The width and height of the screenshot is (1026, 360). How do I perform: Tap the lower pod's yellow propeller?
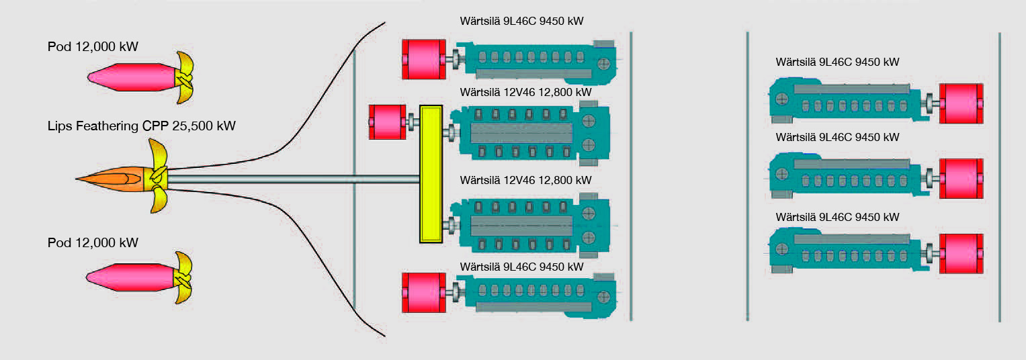click(183, 277)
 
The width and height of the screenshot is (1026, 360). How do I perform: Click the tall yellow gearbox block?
click(430, 173)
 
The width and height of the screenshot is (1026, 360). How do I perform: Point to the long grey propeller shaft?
click(296, 179)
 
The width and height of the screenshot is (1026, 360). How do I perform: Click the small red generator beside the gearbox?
click(387, 122)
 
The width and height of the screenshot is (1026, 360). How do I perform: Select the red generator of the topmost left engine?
click(424, 58)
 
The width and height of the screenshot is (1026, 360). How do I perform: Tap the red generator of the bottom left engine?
click(424, 292)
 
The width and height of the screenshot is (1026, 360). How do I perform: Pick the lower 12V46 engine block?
click(531, 225)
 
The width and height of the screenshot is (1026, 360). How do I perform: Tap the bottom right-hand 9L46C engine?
click(847, 250)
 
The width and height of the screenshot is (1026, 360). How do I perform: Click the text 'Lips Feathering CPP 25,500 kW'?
click(142, 126)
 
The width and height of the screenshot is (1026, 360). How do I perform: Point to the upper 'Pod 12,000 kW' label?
click(93, 46)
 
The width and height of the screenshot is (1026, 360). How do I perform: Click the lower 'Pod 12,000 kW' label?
click(93, 242)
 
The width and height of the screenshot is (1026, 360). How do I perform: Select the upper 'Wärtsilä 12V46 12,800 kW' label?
click(525, 91)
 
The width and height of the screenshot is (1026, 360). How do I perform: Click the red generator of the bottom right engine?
click(961, 253)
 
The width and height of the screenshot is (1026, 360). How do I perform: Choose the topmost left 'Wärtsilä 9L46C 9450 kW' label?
click(518, 21)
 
